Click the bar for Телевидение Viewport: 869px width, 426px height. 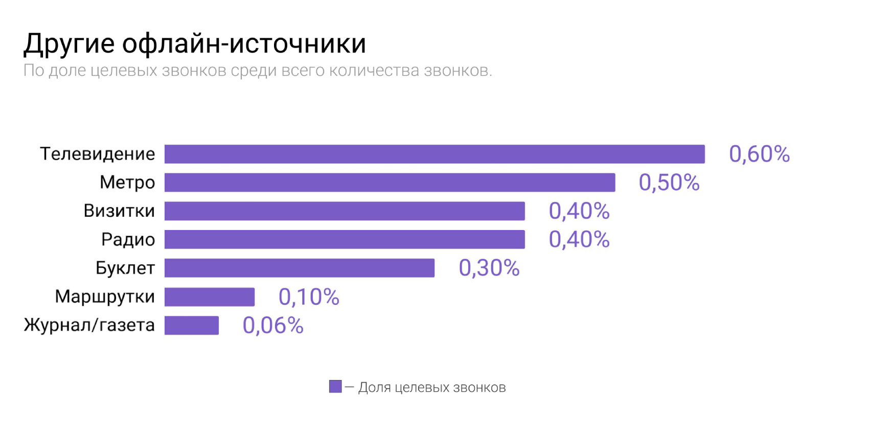coord(435,154)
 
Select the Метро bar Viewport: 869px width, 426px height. coord(390,183)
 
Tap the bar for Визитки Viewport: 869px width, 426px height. coord(345,211)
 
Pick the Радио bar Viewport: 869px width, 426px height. coord(345,239)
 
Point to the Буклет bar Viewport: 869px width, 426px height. coord(300,268)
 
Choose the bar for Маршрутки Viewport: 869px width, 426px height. coord(210,297)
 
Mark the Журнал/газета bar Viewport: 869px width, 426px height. coord(192,325)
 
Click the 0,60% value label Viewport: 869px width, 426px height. coord(759,154)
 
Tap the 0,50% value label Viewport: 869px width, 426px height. coord(669,183)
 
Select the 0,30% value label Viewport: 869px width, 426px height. coord(489,268)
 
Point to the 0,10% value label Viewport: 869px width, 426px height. coord(309,297)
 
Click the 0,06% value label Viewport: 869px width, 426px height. coord(273,325)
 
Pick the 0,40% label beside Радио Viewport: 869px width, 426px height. coord(579,239)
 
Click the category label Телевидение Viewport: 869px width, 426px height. coord(98,154)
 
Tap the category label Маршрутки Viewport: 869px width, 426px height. coord(105,297)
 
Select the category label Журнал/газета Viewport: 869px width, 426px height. coord(89,325)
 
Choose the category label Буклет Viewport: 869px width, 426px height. coord(125,268)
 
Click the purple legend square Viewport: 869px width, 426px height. coord(335,387)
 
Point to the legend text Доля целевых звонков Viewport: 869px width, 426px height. coord(432,388)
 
